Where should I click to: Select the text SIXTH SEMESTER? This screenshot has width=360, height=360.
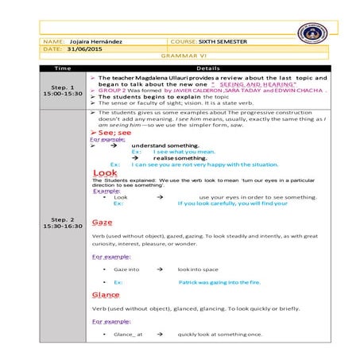pos(215,40)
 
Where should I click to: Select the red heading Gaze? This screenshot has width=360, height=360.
pos(102,222)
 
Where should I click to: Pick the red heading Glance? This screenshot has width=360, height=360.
pos(106,295)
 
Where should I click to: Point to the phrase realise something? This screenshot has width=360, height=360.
pos(180,157)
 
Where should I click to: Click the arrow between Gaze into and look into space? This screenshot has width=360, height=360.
pos(160,269)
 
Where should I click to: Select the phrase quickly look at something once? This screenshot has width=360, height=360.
pos(220,334)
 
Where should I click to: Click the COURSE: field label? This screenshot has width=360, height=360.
pos(184,40)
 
